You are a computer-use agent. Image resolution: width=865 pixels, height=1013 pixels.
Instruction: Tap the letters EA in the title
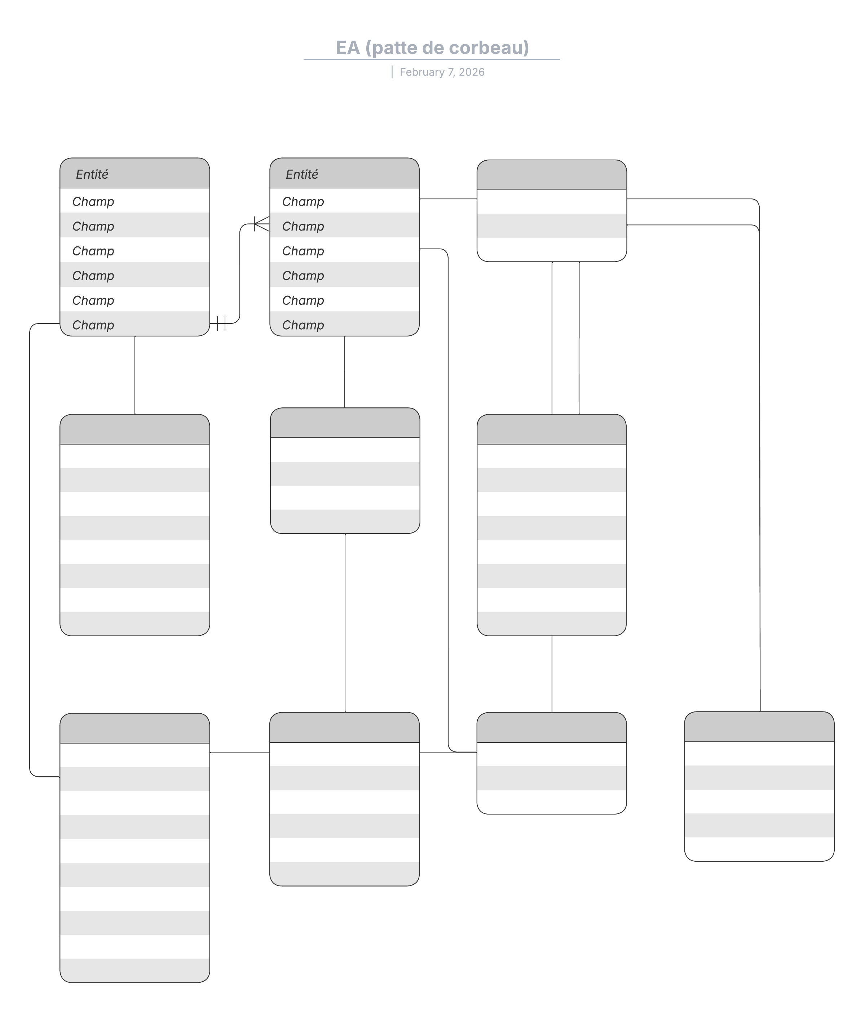(347, 48)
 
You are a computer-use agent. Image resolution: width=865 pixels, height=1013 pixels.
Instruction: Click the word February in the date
(422, 72)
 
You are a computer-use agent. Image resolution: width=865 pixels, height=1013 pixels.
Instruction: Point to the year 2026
(471, 72)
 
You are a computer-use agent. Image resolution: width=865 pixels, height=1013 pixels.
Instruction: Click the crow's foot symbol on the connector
(262, 224)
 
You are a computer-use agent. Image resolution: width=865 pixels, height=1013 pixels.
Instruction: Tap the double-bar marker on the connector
(221, 323)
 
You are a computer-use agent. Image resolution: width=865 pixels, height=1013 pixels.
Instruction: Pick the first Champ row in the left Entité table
(134, 201)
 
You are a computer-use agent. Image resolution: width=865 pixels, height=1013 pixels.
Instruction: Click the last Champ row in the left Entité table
(134, 324)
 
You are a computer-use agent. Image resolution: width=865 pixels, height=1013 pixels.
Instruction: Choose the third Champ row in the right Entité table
(344, 250)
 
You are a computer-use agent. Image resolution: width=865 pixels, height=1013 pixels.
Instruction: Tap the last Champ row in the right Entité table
(344, 324)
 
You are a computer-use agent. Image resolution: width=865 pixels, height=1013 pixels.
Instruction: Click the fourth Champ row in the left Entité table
(134, 275)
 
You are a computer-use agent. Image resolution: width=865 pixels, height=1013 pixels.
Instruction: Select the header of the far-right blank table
(759, 727)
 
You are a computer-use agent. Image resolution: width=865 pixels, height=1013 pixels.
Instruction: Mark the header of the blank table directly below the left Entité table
(134, 429)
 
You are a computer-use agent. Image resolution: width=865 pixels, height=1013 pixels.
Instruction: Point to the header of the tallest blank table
(134, 728)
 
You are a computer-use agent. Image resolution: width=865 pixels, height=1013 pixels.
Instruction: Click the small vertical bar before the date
(392, 72)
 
